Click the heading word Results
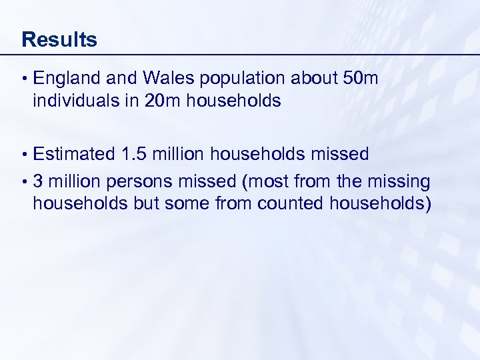[59, 39]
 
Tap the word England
[67, 79]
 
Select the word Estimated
[74, 155]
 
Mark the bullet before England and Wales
[24, 79]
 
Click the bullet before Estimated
[24, 155]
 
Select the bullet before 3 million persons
[24, 181]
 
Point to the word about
[313, 79]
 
